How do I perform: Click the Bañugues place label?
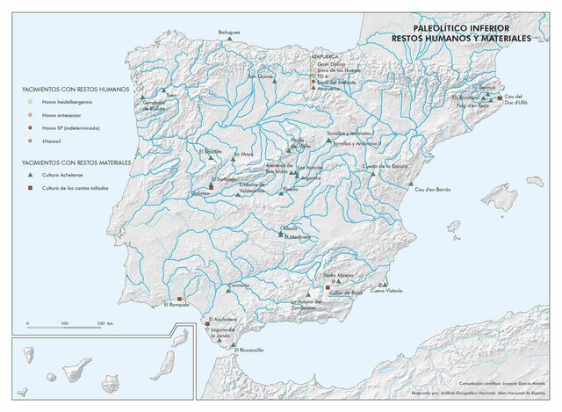pyautogui.click(x=229, y=32)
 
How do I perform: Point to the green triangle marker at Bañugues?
pyautogui.click(x=228, y=39)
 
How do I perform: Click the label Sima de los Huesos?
pyautogui.click(x=339, y=71)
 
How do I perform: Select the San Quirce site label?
pyautogui.click(x=261, y=76)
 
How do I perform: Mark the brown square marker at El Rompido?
pyautogui.click(x=179, y=299)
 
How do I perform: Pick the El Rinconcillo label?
pyautogui.click(x=249, y=350)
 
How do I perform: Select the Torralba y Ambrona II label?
pyautogui.click(x=356, y=142)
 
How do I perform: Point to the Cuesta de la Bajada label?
pyautogui.click(x=381, y=166)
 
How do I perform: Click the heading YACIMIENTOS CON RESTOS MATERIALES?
pyautogui.click(x=76, y=163)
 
